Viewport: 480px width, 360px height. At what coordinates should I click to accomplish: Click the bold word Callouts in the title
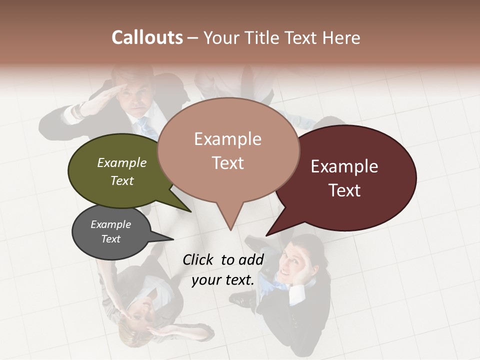147,37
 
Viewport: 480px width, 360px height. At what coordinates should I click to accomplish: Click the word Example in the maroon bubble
344,166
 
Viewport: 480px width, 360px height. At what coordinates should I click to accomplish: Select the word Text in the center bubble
228,163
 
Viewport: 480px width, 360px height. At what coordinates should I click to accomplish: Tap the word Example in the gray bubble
110,224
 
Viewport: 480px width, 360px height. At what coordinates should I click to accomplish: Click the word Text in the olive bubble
122,180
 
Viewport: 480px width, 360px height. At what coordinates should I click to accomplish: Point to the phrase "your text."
223,280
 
